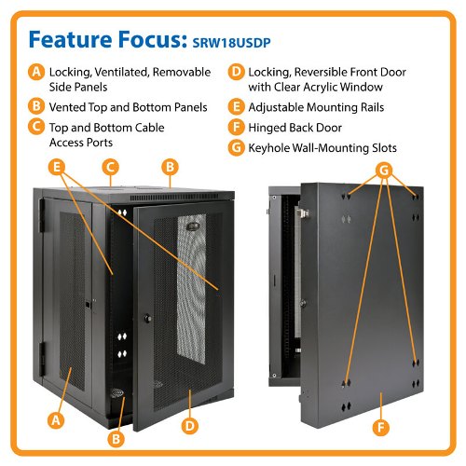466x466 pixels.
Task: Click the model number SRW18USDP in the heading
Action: click(231, 43)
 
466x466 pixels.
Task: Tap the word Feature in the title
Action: click(70, 39)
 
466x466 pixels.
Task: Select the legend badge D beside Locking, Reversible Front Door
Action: click(237, 72)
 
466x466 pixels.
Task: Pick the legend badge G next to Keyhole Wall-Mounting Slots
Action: click(237, 147)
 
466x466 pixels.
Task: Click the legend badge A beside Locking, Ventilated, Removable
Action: click(36, 72)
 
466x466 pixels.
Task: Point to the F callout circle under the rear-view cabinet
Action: click(381, 427)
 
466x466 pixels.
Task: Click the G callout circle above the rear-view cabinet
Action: click(384, 171)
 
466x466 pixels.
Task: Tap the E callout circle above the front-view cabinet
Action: click(57, 167)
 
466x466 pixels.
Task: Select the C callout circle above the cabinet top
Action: click(111, 167)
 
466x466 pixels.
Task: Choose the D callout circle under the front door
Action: click(189, 426)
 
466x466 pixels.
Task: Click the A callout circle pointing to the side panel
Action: click(56, 420)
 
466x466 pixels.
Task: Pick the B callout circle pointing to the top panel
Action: click(170, 167)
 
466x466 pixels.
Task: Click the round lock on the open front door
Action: click(148, 318)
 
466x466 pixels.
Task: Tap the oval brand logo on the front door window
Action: click(193, 226)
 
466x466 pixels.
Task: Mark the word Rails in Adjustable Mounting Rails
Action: click(372, 107)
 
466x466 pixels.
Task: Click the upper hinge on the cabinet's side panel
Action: click(42, 215)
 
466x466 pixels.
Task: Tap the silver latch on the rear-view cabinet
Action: click(302, 213)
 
